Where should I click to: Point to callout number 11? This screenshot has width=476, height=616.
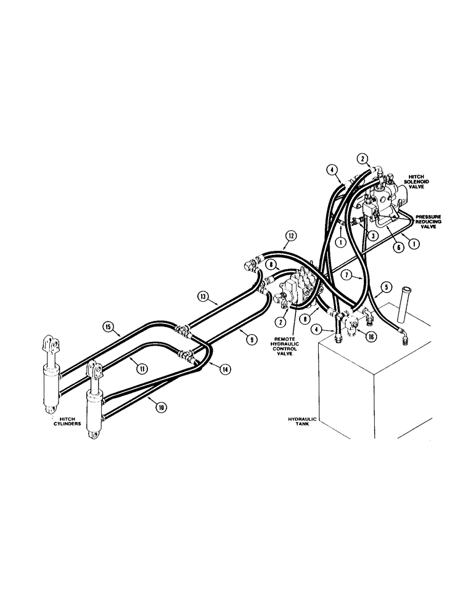[141, 368]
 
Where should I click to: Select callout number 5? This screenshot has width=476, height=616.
[385, 286]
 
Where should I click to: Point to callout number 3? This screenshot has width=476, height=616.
[373, 235]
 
